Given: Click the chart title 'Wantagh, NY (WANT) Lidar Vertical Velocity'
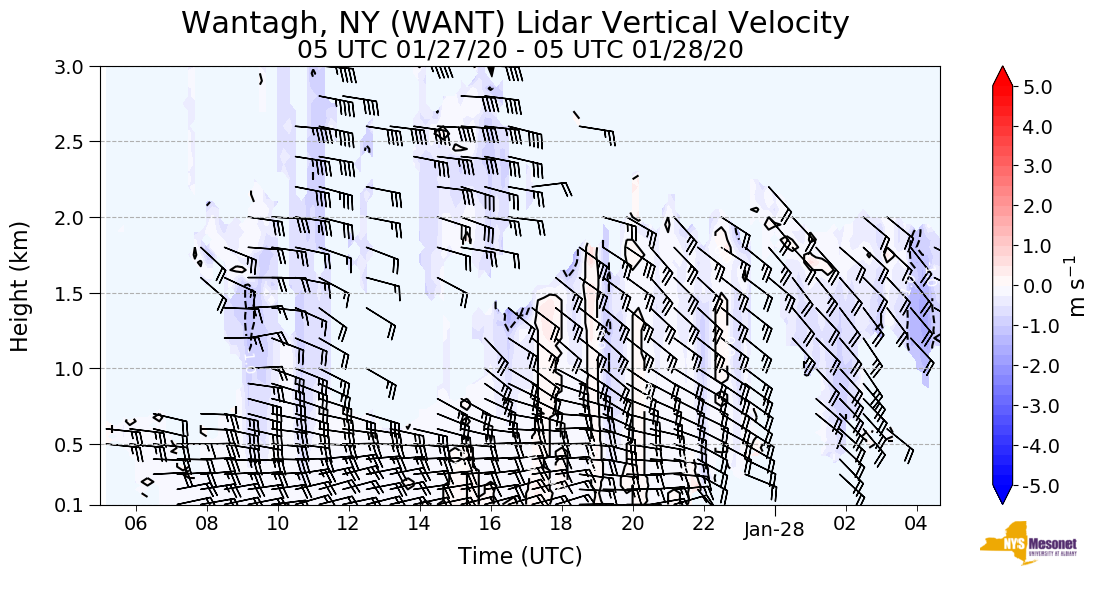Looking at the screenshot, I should pos(515,22).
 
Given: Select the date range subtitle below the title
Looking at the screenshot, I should pos(520,49).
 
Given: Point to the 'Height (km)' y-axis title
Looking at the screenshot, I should pos(20,286).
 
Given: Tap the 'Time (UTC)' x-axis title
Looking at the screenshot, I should pos(520,556).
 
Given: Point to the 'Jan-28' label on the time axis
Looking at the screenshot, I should pos(774,531).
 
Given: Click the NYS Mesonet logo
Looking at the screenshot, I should pos(1020,543).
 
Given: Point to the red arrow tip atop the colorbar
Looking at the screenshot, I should pos(1003,75).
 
